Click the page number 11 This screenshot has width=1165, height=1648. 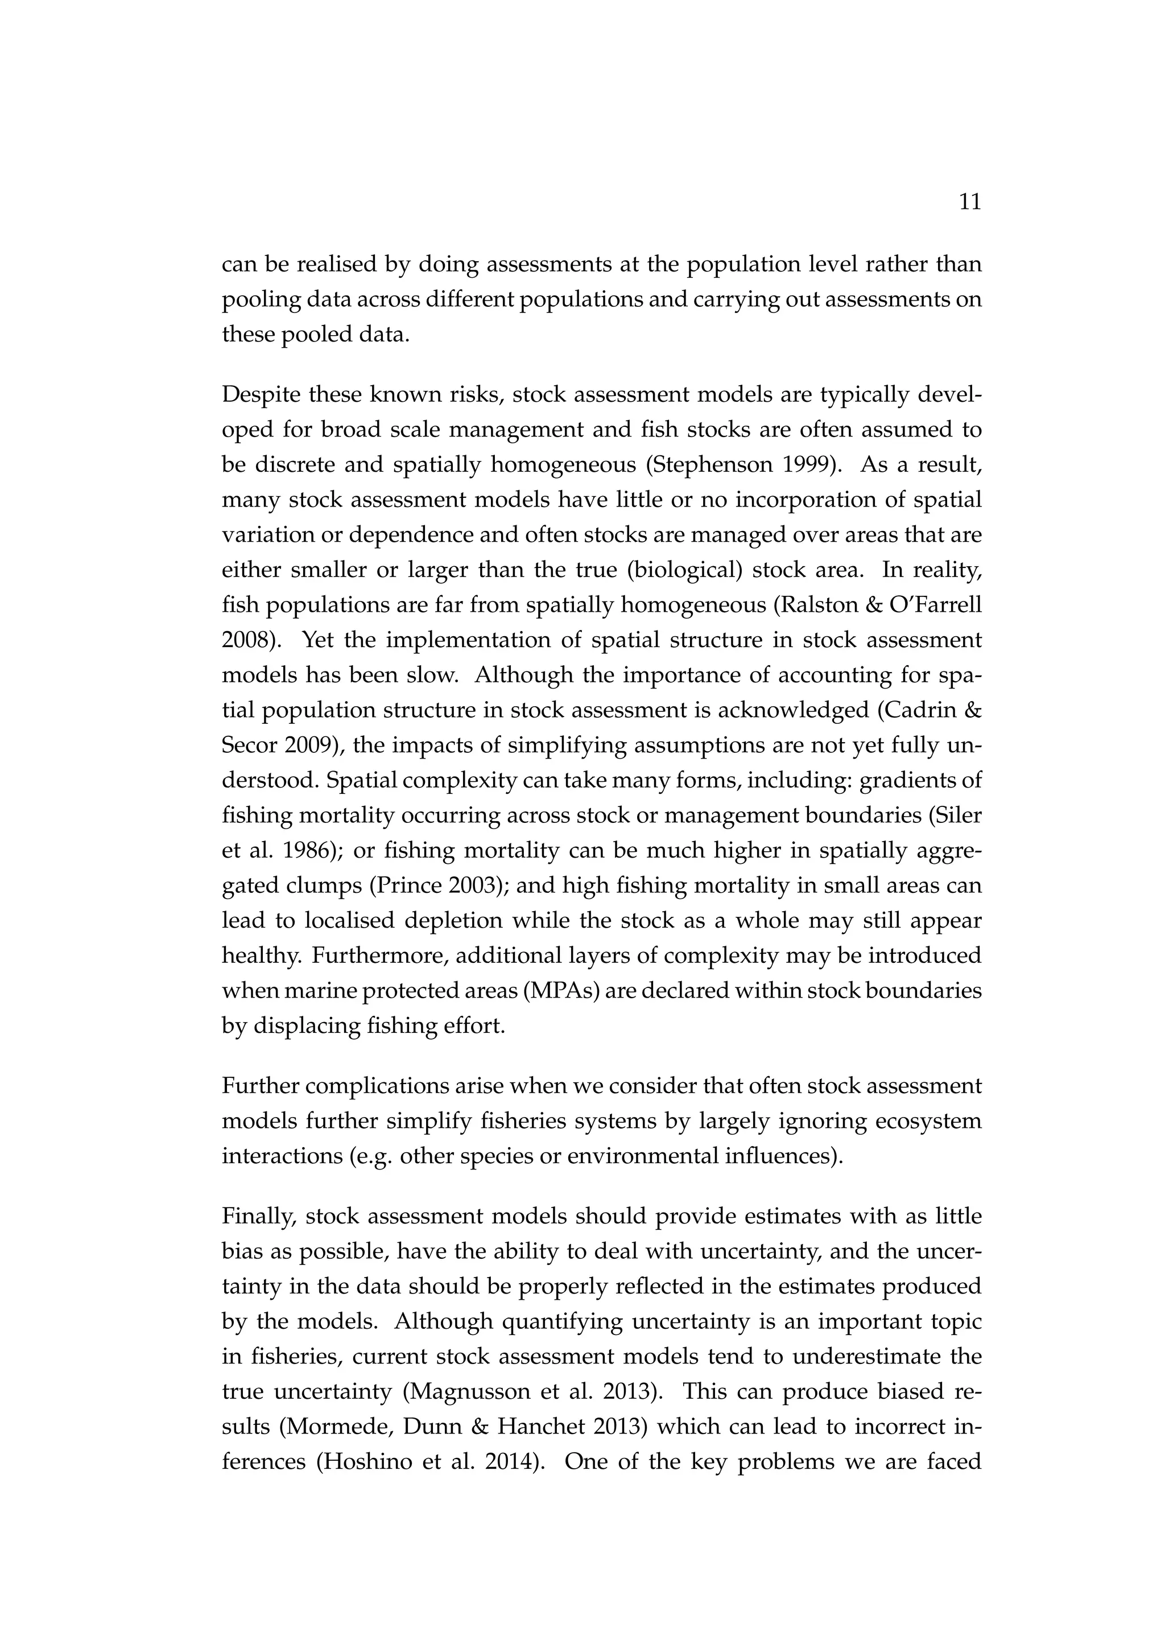coord(969,203)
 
